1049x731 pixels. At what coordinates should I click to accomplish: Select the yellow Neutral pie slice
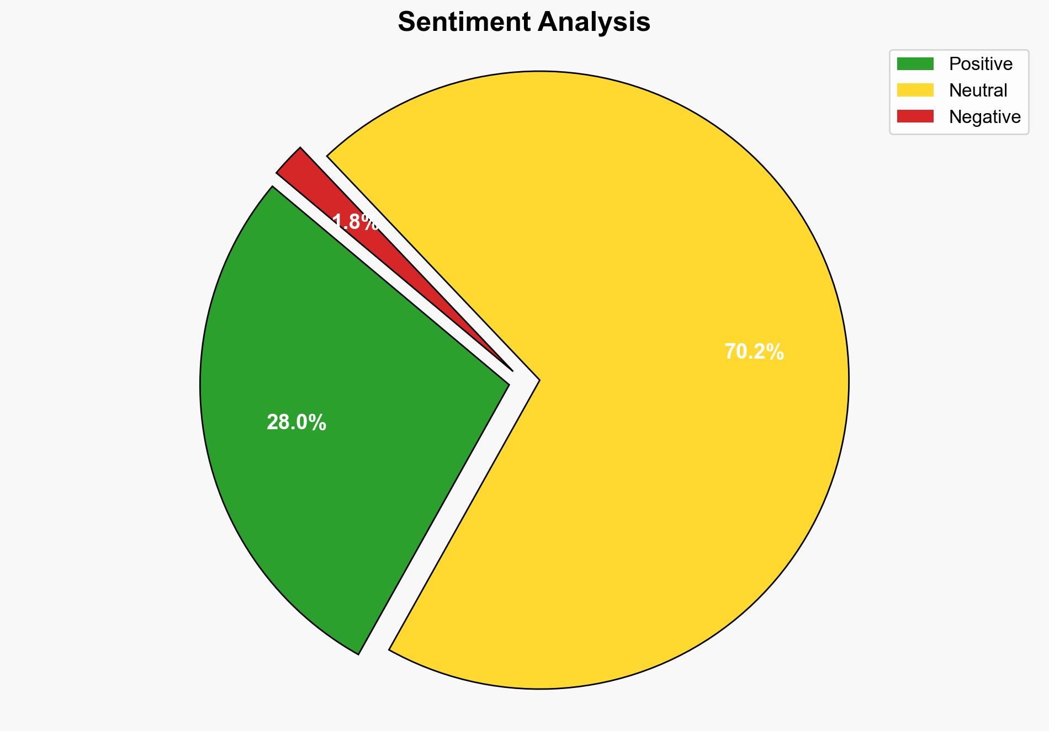coord(635,441)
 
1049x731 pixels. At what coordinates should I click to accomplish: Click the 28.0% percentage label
coord(296,423)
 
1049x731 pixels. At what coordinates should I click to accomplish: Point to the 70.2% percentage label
coord(754,352)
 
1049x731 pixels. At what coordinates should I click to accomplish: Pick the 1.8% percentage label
coord(356,222)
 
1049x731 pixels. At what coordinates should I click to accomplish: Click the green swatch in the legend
coord(915,64)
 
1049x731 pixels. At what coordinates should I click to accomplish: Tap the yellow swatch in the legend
coord(915,90)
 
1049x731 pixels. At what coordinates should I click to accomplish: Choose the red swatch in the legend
coord(915,116)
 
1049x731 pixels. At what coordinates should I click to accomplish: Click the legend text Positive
coord(981,64)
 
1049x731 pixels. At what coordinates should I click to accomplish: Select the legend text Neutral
coord(978,90)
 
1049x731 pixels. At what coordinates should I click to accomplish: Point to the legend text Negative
coord(984,116)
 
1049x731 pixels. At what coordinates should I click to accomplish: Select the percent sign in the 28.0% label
coord(318,423)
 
